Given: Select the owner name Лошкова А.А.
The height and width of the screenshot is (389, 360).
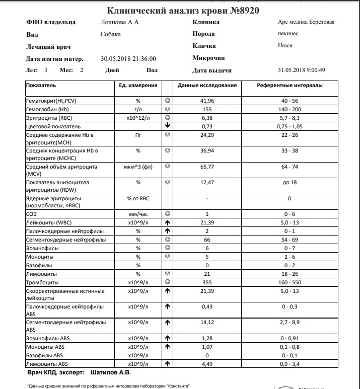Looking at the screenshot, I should pyautogui.click(x=120, y=22).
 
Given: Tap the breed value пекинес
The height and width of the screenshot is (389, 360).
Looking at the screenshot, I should pyautogui.click(x=288, y=34).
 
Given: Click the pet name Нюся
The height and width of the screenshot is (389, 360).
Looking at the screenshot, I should pyautogui.click(x=285, y=46).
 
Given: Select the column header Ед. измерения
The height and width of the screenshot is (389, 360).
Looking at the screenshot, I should pyautogui.click(x=138, y=86).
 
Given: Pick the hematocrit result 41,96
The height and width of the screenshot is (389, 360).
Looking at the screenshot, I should pyautogui.click(x=207, y=101).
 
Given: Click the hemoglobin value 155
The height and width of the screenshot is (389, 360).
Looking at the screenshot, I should pyautogui.click(x=207, y=109).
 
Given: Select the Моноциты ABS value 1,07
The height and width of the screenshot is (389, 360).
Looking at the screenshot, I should pyautogui.click(x=207, y=347).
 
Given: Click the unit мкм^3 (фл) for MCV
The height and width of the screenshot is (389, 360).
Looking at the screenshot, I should pyautogui.click(x=138, y=167).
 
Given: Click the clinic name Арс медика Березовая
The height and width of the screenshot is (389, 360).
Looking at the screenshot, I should pyautogui.click(x=306, y=22).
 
